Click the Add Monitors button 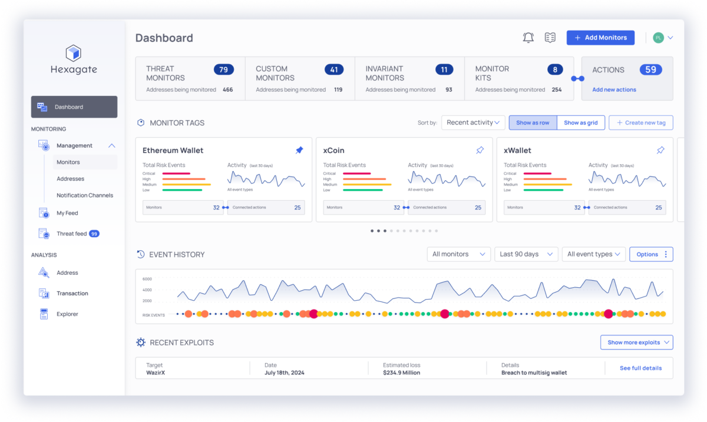coord(600,38)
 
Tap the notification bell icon coord(528,38)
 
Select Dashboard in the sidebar coord(74,107)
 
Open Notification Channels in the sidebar coord(85,195)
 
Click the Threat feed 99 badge coord(94,234)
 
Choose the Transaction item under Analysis coord(72,293)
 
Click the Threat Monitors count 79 coord(223,69)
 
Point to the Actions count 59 coord(650,69)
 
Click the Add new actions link coord(614,89)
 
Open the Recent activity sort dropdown coord(473,122)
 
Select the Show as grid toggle coord(580,123)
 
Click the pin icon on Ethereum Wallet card coord(299,151)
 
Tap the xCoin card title coord(334,151)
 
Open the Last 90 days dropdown coord(526,254)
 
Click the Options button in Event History coord(651,254)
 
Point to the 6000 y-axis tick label coord(147,279)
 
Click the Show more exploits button coord(636,343)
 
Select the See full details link coord(640,368)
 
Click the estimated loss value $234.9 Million coord(402,373)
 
